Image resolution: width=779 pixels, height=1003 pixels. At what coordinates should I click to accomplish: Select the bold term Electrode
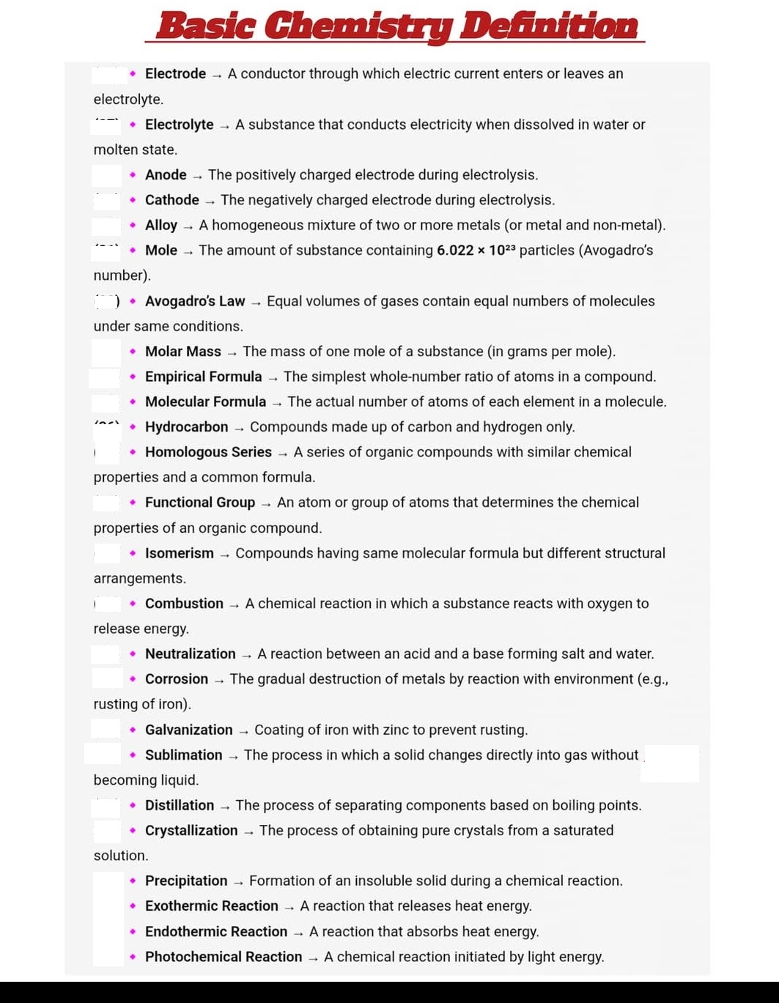coord(175,74)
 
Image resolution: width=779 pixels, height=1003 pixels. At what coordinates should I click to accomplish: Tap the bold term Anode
coord(166,175)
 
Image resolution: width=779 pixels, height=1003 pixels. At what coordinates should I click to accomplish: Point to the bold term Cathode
coord(172,200)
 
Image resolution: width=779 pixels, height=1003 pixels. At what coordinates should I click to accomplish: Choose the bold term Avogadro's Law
coord(195,301)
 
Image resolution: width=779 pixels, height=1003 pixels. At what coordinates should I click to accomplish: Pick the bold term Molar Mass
coord(183,352)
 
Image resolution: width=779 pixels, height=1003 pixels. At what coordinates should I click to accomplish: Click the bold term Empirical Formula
coord(203,377)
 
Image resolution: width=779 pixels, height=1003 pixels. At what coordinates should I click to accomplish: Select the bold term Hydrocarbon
coord(187,427)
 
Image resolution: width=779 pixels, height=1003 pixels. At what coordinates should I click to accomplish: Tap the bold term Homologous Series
coord(208,452)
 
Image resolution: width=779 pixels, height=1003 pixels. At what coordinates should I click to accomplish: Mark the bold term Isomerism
coord(180,553)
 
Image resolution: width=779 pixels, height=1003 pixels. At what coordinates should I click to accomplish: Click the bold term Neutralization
coord(191,654)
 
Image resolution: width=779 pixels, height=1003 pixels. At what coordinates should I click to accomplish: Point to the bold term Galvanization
coord(189,730)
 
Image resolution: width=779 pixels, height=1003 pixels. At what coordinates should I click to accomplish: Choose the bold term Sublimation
coord(184,755)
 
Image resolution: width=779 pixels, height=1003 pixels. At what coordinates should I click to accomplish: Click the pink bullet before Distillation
coord(132,805)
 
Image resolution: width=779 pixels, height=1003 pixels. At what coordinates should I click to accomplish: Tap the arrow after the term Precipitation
coord(239,881)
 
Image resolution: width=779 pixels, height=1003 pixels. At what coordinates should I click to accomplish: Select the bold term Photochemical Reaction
coord(224,957)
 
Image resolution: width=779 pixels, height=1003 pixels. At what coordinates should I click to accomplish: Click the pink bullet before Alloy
coord(132,225)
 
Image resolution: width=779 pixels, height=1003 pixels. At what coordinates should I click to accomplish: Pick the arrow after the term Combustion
coord(235,604)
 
